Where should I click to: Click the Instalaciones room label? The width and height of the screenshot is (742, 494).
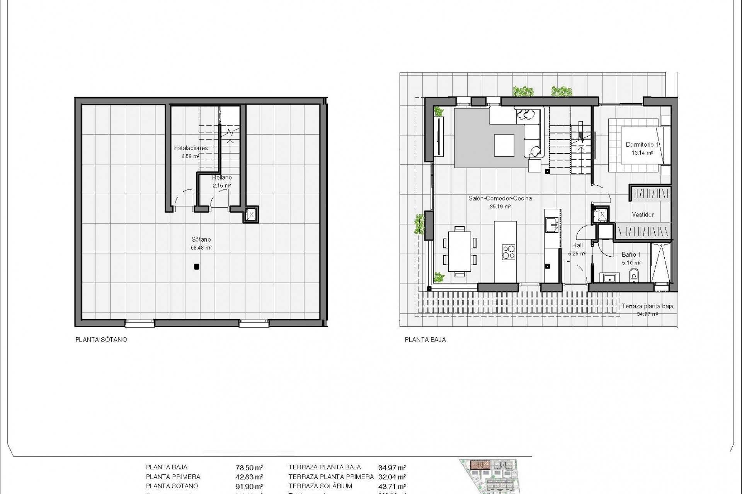click(x=190, y=148)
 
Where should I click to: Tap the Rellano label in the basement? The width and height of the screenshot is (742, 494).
click(x=222, y=178)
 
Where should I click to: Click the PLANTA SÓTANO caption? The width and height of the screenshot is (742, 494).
click(x=101, y=340)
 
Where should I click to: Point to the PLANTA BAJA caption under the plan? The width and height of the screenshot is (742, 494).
click(x=425, y=340)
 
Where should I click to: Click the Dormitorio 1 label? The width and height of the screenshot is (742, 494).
click(x=642, y=145)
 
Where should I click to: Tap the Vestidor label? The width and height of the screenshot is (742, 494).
click(x=643, y=215)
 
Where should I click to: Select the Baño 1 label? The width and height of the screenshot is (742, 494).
click(x=631, y=255)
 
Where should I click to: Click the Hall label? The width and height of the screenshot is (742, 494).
click(x=577, y=245)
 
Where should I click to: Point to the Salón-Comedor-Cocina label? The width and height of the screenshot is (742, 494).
click(x=500, y=198)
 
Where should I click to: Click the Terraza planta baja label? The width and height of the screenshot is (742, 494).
click(x=647, y=306)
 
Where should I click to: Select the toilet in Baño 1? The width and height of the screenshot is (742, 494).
click(x=633, y=275)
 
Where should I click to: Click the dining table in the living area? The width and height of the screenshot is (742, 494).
click(x=459, y=252)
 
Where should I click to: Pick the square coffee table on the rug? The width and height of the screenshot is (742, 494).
click(x=504, y=145)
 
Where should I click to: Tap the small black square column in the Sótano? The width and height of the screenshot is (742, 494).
click(x=196, y=266)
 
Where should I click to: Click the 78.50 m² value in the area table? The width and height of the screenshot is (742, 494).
click(x=249, y=467)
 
